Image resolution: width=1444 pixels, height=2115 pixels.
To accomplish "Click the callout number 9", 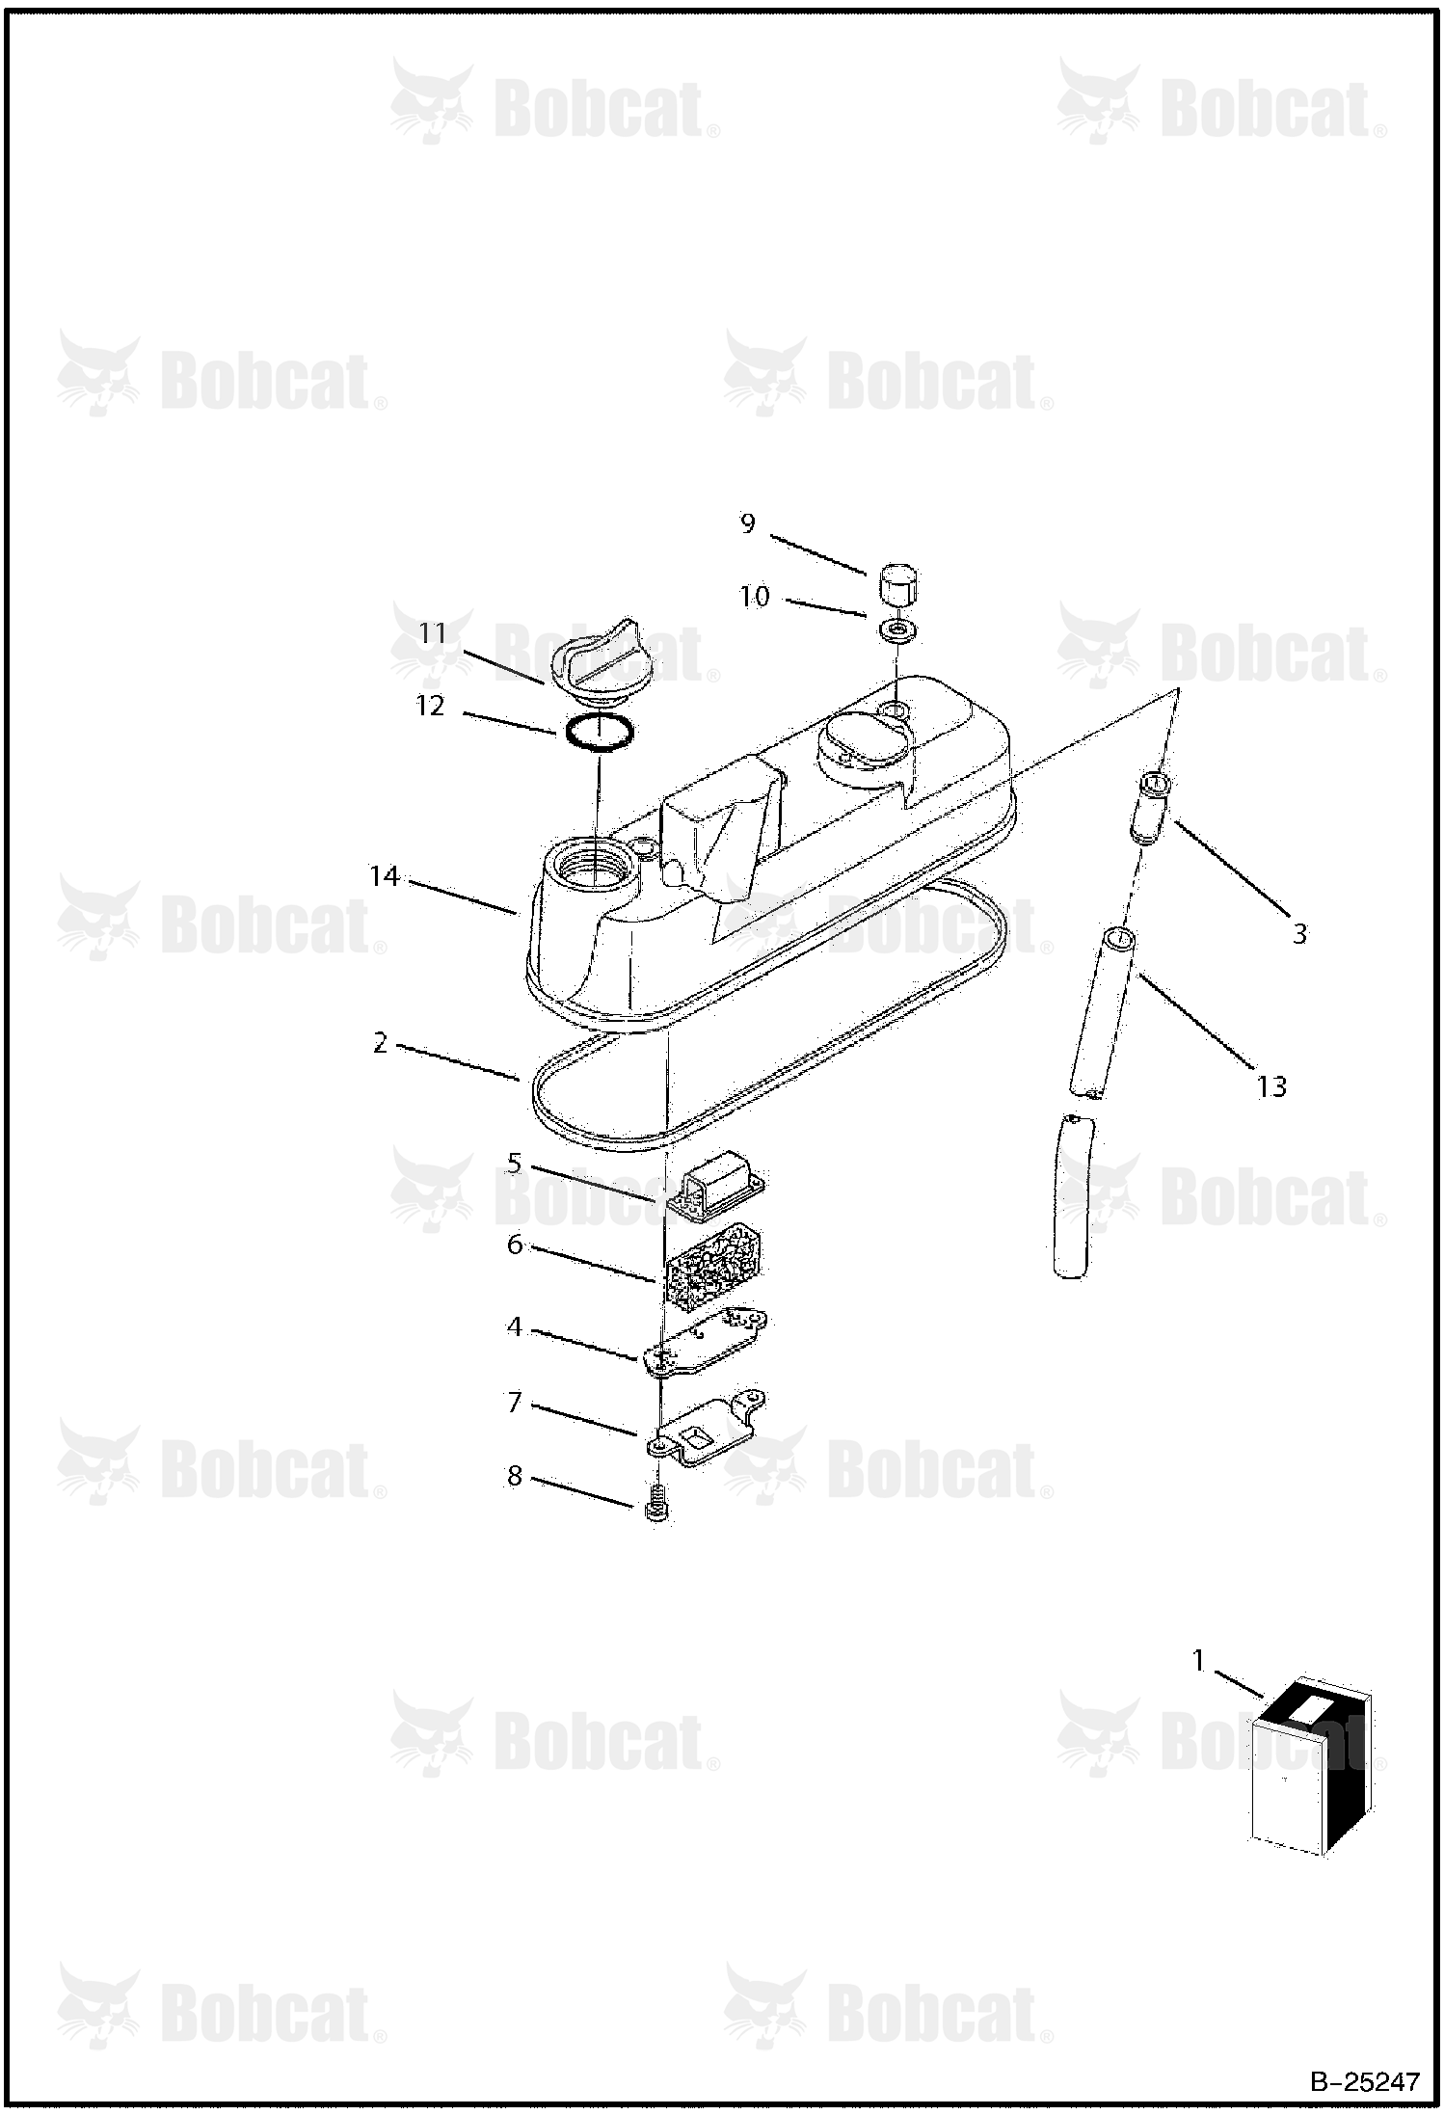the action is pyautogui.click(x=748, y=523).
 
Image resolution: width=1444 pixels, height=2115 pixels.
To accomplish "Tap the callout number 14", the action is pyautogui.click(x=385, y=876).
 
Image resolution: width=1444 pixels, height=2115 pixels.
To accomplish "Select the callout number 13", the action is pyautogui.click(x=1272, y=1086).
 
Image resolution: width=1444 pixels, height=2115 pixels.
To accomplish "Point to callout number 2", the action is pyautogui.click(x=381, y=1042).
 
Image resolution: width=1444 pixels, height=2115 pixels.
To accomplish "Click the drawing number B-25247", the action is pyautogui.click(x=1365, y=2082).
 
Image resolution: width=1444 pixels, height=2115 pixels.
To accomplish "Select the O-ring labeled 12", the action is pyautogui.click(x=599, y=733).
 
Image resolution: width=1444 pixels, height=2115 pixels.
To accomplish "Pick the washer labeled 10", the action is pyautogui.click(x=897, y=632).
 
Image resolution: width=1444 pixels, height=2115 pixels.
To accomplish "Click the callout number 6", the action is pyautogui.click(x=515, y=1245).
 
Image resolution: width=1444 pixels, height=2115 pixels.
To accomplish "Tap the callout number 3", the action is pyautogui.click(x=1299, y=933).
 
